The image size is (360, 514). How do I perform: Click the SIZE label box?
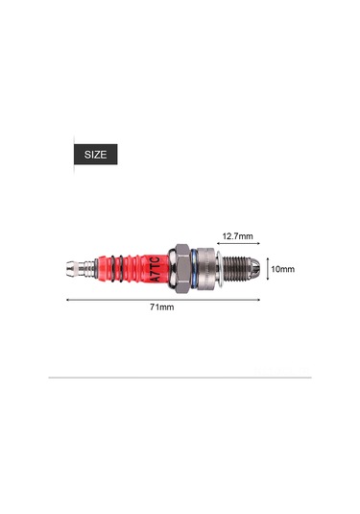[95, 154]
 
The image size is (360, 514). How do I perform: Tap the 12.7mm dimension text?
[237, 236]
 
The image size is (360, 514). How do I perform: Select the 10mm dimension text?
[282, 269]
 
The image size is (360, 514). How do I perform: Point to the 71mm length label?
[162, 307]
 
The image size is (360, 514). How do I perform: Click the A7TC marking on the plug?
[156, 269]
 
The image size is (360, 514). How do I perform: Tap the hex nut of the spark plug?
[180, 269]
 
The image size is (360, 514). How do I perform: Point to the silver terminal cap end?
[72, 269]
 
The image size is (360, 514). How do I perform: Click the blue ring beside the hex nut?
[194, 269]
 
